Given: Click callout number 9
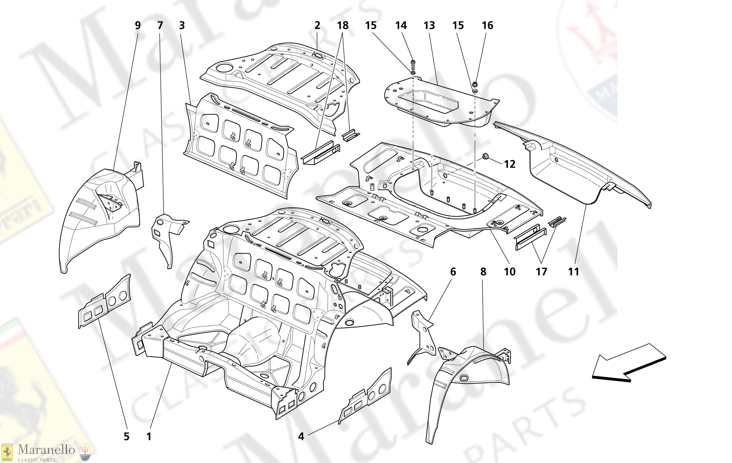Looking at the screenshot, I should pos(138,25).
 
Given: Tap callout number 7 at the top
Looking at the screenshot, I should pos(160,25).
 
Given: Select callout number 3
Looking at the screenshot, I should pos(182,25).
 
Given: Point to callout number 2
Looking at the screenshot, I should pos(317,25).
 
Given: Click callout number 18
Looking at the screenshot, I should pos(343,25).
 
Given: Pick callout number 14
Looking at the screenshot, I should pos(401,25).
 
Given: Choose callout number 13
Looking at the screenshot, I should pos(429,25).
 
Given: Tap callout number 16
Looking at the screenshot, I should pos(487,25).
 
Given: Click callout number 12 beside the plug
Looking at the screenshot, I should pos(510,164).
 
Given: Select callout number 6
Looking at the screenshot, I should pos(453,272).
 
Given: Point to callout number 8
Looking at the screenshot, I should pos(483,272).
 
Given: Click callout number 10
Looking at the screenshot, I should pos(510,272).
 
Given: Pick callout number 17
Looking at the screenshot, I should pos(541,272).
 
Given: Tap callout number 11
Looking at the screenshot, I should pos(573,272).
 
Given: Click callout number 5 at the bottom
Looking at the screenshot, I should pos(126,436).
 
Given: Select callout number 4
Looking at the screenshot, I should pos(301,436).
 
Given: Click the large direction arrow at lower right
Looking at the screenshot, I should pos(628,363).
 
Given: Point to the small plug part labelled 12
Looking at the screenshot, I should pos(485,156).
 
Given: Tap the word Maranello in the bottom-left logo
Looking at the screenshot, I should pos(46,450).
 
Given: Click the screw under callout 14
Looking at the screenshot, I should pos(413,65).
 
